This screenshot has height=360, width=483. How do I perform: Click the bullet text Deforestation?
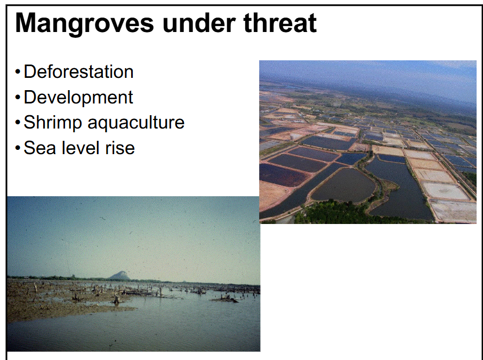click(x=78, y=71)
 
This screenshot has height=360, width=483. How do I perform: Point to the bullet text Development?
click(x=78, y=97)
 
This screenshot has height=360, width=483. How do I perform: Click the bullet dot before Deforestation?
click(x=18, y=72)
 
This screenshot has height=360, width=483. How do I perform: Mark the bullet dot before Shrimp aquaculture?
click(x=18, y=123)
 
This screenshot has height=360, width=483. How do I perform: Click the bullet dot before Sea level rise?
click(x=18, y=148)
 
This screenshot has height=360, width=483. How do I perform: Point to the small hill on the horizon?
click(x=120, y=275)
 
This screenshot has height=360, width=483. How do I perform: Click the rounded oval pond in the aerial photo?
click(x=344, y=185)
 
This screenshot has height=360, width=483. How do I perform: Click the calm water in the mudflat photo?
click(x=176, y=325)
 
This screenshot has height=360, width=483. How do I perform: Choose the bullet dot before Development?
click(x=18, y=98)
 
